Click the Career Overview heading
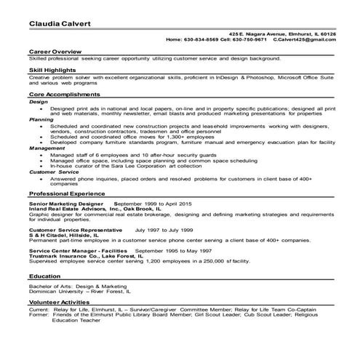[54, 52]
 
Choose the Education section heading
[44, 276]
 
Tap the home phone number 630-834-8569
[202, 39]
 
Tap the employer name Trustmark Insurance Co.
[66, 256]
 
